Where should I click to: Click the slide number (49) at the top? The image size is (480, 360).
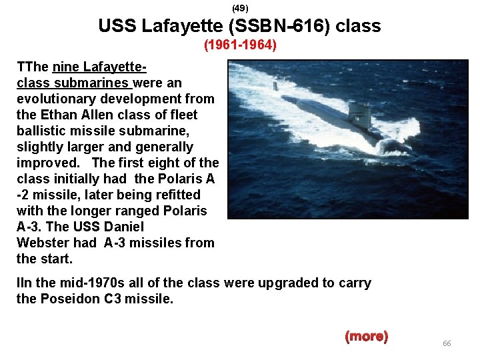(x=240, y=9)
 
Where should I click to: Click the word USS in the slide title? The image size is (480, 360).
(x=116, y=27)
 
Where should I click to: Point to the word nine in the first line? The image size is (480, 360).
(x=65, y=67)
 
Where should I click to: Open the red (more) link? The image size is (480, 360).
(x=366, y=336)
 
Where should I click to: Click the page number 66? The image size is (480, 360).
(x=447, y=343)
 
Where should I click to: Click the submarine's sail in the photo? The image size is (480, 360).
(x=360, y=112)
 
